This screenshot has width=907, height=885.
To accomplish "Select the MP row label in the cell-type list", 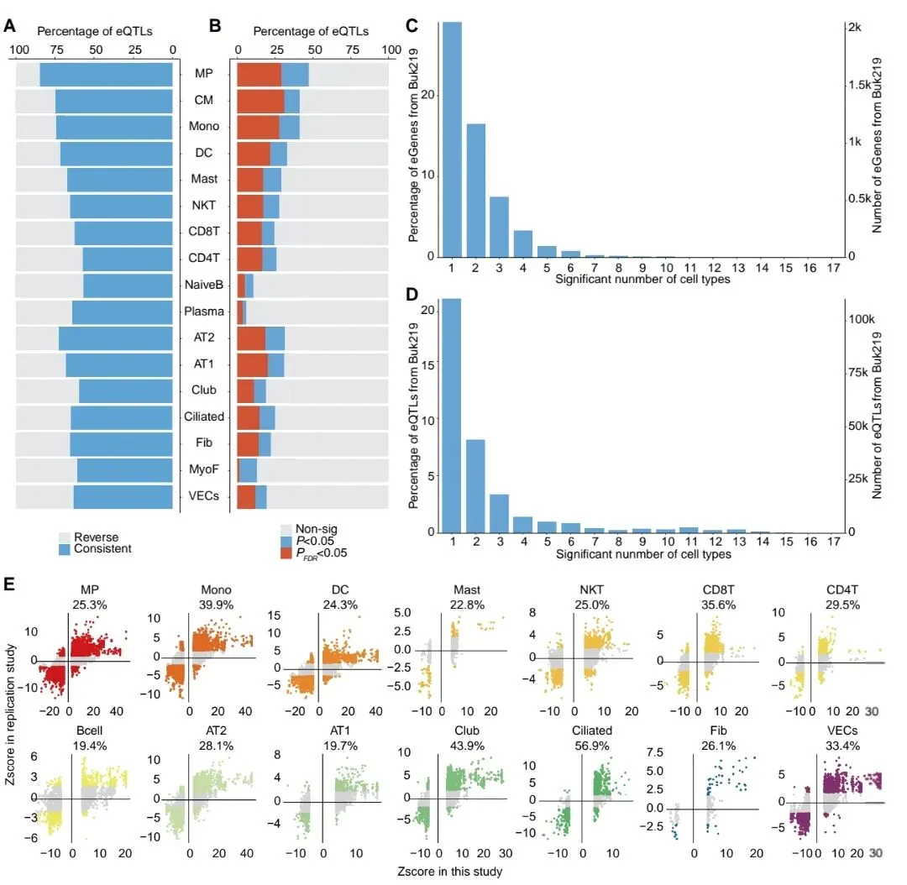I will pos(203,74).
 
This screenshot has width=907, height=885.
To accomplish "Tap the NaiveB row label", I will pos(203,285).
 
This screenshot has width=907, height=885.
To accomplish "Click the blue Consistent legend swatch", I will pos(65,548).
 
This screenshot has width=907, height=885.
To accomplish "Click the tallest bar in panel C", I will pos(452,139).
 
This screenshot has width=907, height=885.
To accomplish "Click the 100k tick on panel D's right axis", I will pos(860,320).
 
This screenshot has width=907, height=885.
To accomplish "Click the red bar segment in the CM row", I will pos(261,101).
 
